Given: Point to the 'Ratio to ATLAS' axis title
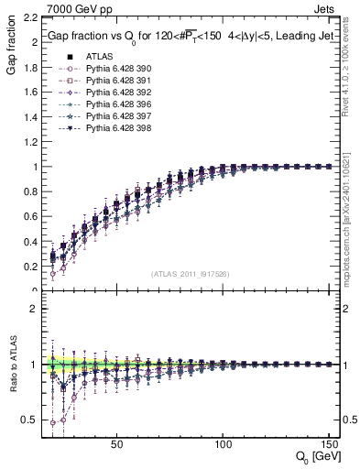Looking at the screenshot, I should coord(10,367).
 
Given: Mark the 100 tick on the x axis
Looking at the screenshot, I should coord(223,444).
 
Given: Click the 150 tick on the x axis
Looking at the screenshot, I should coord(328,444).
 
